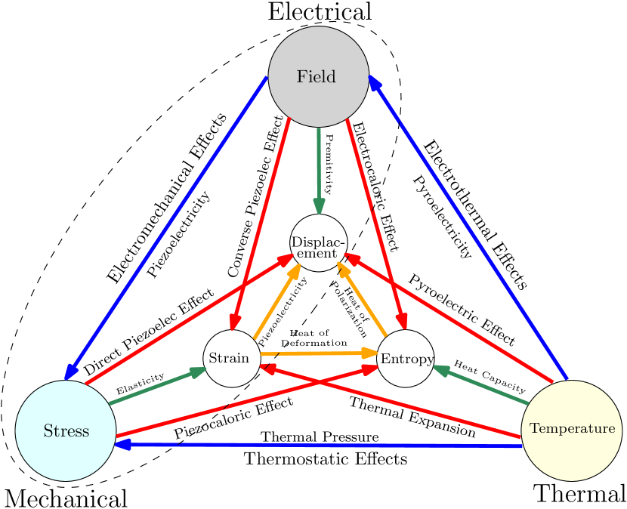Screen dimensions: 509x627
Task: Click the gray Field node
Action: point(318,76)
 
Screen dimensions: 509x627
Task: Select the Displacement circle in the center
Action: point(318,242)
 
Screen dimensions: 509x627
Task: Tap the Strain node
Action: point(231,358)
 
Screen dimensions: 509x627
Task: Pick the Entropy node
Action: point(406,358)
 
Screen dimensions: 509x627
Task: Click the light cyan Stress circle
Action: point(66,430)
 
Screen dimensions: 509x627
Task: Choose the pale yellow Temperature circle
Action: point(572,430)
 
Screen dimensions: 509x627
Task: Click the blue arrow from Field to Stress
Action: point(166,227)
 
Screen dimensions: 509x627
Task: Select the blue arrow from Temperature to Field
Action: point(468,227)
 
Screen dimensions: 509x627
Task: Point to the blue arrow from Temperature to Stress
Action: point(317,446)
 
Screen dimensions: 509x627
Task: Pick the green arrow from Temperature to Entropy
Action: point(480,386)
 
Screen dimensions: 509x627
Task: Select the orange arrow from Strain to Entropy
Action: point(317,353)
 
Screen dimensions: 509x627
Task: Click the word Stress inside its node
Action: point(66,431)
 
